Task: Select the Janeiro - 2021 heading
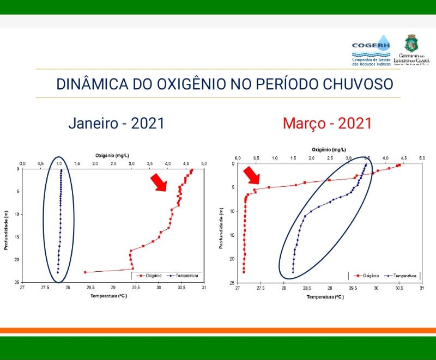pyautogui.click(x=116, y=123)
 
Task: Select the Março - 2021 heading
pyautogui.click(x=327, y=123)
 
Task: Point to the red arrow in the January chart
pyautogui.click(x=159, y=182)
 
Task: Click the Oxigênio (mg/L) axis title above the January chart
pyautogui.click(x=112, y=156)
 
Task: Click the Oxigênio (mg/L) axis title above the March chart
pyautogui.click(x=329, y=149)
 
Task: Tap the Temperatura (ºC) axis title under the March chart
pyautogui.click(x=324, y=297)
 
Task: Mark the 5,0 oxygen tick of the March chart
pyautogui.click(x=421, y=158)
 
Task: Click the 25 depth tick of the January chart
pyautogui.click(x=18, y=282)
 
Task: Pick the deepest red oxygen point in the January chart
pyautogui.click(x=86, y=272)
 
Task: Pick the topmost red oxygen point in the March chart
pyautogui.click(x=399, y=164)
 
